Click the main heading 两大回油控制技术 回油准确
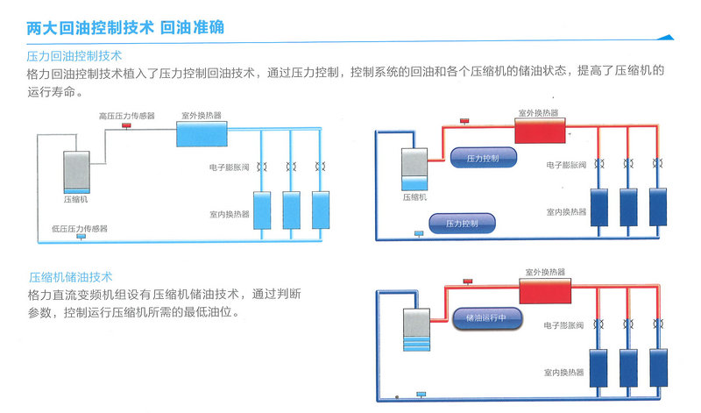(x=125, y=28)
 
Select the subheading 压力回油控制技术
(x=74, y=56)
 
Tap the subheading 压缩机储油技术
(x=71, y=277)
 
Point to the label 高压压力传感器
(x=126, y=116)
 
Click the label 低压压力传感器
(x=80, y=229)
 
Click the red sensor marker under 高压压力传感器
(x=126, y=125)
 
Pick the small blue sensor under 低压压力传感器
(x=81, y=236)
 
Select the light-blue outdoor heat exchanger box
(x=202, y=134)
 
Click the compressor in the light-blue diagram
(x=76, y=172)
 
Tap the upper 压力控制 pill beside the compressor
(x=484, y=158)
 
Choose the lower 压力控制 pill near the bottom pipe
(x=463, y=224)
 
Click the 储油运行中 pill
(x=487, y=318)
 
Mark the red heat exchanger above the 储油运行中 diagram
(x=545, y=290)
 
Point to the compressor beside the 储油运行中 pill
(x=417, y=330)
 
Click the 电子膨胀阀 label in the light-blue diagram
(x=229, y=167)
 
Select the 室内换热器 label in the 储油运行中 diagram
(x=563, y=373)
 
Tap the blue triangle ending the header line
(x=666, y=38)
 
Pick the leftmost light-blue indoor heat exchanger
(x=262, y=210)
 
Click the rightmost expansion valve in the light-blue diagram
(x=320, y=167)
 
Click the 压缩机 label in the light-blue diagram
(x=75, y=199)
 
